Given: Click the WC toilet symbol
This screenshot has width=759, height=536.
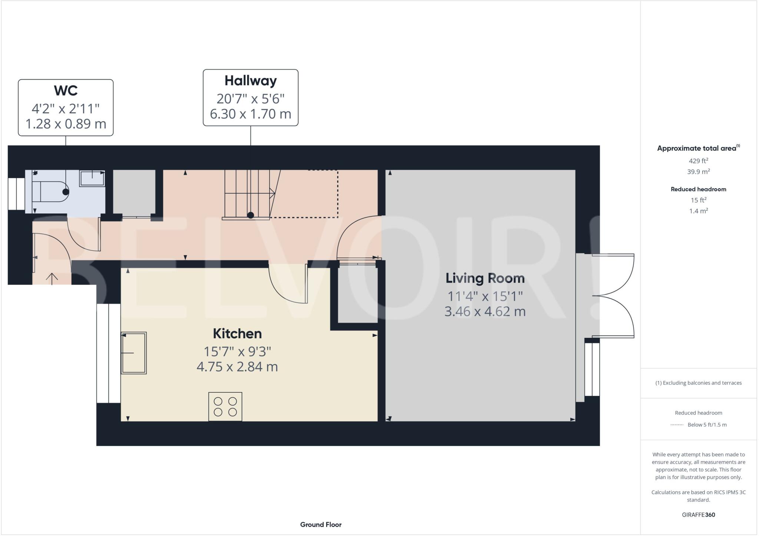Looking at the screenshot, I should (x=50, y=192).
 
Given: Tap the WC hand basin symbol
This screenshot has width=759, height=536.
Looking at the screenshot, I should (x=92, y=178).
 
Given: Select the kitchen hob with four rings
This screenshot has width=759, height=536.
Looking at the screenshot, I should (x=225, y=406).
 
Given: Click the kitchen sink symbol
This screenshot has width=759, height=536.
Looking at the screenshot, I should (x=134, y=353).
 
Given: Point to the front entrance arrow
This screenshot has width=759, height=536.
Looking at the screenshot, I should (x=52, y=278).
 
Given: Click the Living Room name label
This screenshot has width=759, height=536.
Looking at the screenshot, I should (x=485, y=278).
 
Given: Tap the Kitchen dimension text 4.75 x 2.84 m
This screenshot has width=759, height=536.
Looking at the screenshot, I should (x=237, y=367).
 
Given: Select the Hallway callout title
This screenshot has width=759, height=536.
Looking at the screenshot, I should (x=251, y=81).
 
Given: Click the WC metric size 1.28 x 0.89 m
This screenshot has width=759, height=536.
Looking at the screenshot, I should (x=66, y=124).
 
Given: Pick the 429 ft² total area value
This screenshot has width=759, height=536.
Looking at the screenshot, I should (x=698, y=161).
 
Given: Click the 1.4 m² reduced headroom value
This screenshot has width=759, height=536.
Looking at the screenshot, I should (x=698, y=211).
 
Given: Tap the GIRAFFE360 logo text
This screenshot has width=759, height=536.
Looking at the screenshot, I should (x=698, y=515).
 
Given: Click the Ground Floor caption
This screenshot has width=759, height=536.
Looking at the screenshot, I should (x=321, y=525).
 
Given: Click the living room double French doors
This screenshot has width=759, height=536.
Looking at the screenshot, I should (x=613, y=296).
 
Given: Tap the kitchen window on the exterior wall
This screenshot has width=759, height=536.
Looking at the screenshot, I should (x=109, y=353).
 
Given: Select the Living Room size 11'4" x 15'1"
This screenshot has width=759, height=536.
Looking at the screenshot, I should (x=485, y=296).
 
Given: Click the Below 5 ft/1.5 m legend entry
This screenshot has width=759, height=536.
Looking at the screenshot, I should (x=707, y=425).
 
